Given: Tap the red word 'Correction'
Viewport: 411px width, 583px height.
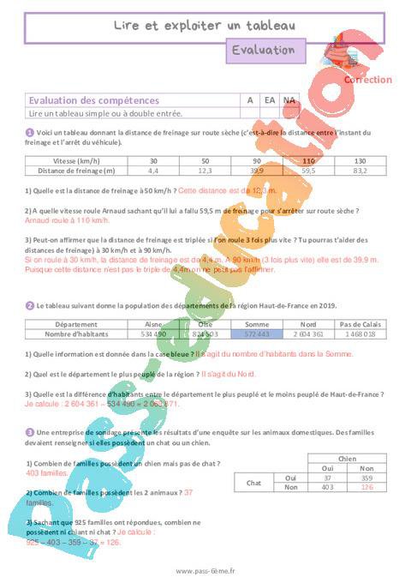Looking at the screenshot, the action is pyautogui.click(x=367, y=80).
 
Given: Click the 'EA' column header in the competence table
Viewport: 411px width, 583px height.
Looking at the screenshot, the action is pyautogui.click(x=270, y=100).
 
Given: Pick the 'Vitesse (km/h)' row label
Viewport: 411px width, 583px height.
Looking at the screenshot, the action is pyautogui.click(x=77, y=161).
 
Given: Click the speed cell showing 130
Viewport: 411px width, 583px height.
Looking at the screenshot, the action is pyautogui.click(x=360, y=161).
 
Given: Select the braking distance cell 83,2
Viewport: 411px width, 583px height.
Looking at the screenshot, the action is pyautogui.click(x=360, y=171).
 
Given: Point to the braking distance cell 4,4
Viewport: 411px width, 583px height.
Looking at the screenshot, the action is pyautogui.click(x=153, y=171).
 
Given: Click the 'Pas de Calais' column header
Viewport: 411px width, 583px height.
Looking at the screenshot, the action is pyautogui.click(x=358, y=325).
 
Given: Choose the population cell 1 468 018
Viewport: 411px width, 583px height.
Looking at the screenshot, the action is pyautogui.click(x=358, y=334).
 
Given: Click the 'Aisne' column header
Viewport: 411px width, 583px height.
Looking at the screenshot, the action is pyautogui.click(x=153, y=325).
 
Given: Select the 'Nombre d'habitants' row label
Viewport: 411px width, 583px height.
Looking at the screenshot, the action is pyautogui.click(x=76, y=334).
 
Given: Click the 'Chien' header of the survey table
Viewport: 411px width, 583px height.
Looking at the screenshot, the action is pyautogui.click(x=346, y=459).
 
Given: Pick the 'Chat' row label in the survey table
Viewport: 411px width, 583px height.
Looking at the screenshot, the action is pyautogui.click(x=253, y=483).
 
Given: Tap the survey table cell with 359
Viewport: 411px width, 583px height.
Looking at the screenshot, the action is pyautogui.click(x=366, y=478).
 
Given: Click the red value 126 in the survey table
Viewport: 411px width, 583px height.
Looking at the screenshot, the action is pyautogui.click(x=366, y=488).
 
